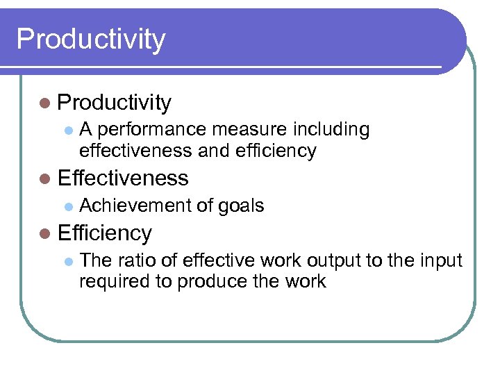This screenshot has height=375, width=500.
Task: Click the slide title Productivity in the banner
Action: tap(91, 39)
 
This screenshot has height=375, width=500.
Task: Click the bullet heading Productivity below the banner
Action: tap(115, 103)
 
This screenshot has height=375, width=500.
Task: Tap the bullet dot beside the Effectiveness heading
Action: tap(45, 178)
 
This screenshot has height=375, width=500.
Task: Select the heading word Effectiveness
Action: tap(124, 178)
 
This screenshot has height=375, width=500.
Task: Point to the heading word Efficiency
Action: tap(105, 233)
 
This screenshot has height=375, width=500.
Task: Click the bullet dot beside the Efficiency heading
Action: tap(45, 234)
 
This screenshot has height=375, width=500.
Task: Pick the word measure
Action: tap(245, 130)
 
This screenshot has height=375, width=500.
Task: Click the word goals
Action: tap(241, 206)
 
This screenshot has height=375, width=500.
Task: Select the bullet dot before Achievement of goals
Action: tap(67, 206)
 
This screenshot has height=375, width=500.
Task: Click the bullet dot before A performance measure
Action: tap(67, 131)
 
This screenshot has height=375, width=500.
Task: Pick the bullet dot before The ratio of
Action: tap(67, 261)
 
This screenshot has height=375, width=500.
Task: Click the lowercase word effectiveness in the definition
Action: tap(136, 151)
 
